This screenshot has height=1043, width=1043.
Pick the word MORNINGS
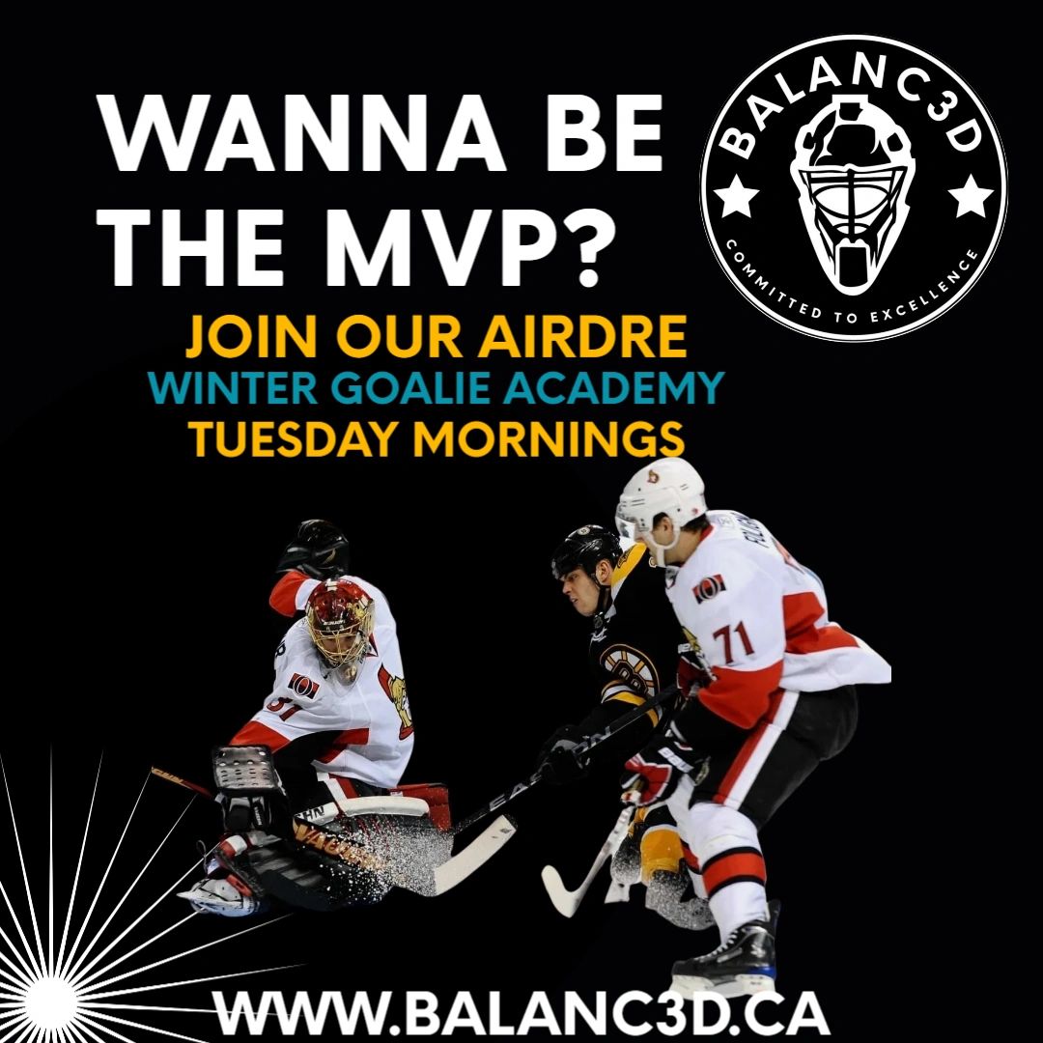(x=550, y=438)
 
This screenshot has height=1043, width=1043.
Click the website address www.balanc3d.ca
(x=521, y=1014)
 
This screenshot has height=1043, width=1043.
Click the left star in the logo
(x=736, y=195)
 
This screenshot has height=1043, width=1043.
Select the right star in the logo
(x=971, y=195)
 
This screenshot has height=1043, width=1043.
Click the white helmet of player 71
(x=660, y=496)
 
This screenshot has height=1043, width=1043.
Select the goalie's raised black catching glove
(x=315, y=548)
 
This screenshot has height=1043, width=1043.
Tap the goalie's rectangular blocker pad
(x=246, y=775)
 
